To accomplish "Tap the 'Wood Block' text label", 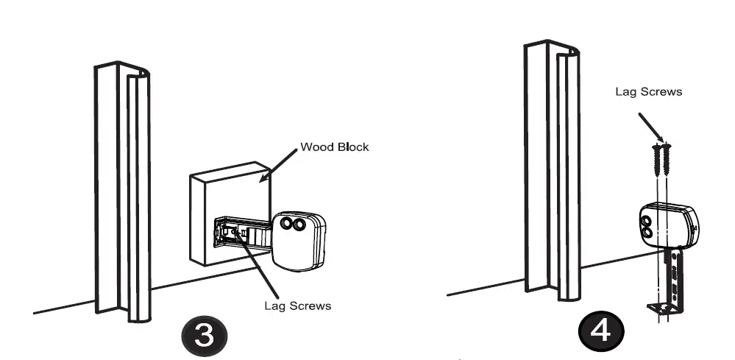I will pos(334,147).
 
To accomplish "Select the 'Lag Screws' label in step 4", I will pos(648,93).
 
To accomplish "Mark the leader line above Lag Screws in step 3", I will pos(262,269).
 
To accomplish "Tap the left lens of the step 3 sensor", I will pos(282,224).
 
